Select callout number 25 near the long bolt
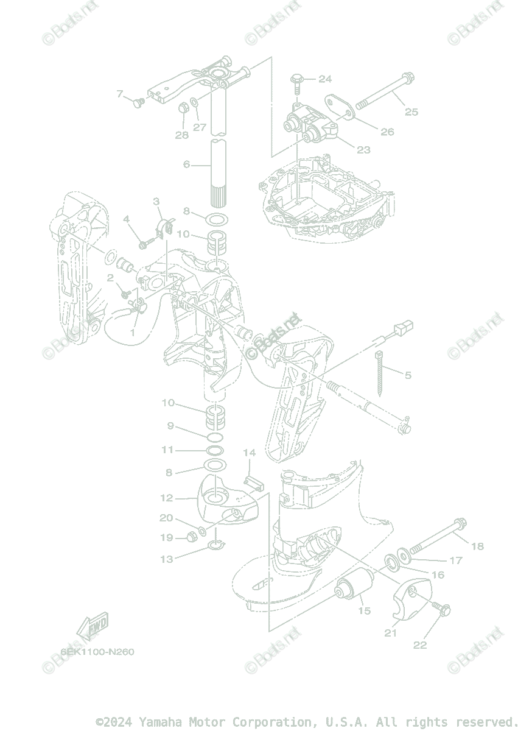tap(411, 111)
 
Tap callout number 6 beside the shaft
tap(187, 164)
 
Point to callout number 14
tap(250, 453)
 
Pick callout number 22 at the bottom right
tap(420, 645)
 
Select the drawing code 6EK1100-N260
tap(97, 652)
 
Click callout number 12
tap(167, 498)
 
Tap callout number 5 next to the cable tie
tap(408, 375)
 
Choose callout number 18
tap(477, 546)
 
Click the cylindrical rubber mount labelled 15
tap(355, 585)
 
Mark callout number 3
tap(156, 201)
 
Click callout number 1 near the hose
tap(133, 333)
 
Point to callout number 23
tap(363, 150)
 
